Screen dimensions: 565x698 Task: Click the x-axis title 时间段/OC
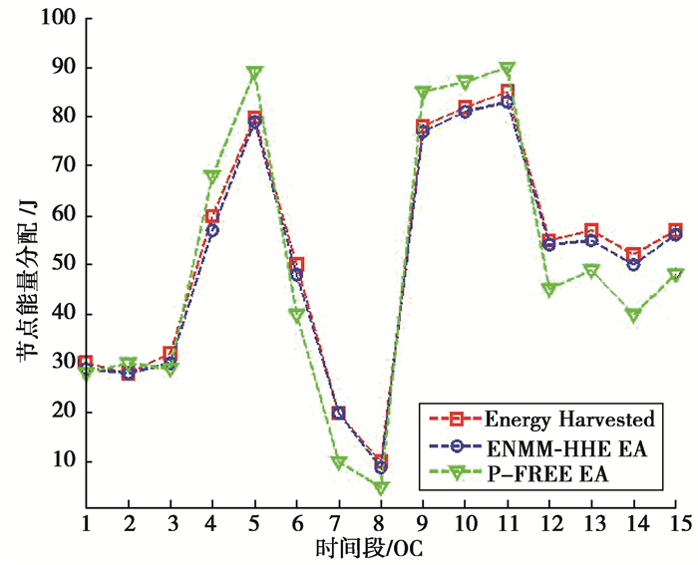[380, 548]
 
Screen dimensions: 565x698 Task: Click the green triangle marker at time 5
[255, 74]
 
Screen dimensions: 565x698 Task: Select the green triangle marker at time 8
[381, 487]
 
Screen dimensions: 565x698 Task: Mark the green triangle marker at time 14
[633, 315]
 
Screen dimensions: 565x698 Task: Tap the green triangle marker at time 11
[508, 69]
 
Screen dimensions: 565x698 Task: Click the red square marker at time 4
[212, 216]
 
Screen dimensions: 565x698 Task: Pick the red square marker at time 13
[591, 231]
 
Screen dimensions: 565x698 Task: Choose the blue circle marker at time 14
[633, 264]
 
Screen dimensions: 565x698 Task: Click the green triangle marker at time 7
[339, 462]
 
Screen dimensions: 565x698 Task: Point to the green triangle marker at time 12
[549, 290]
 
